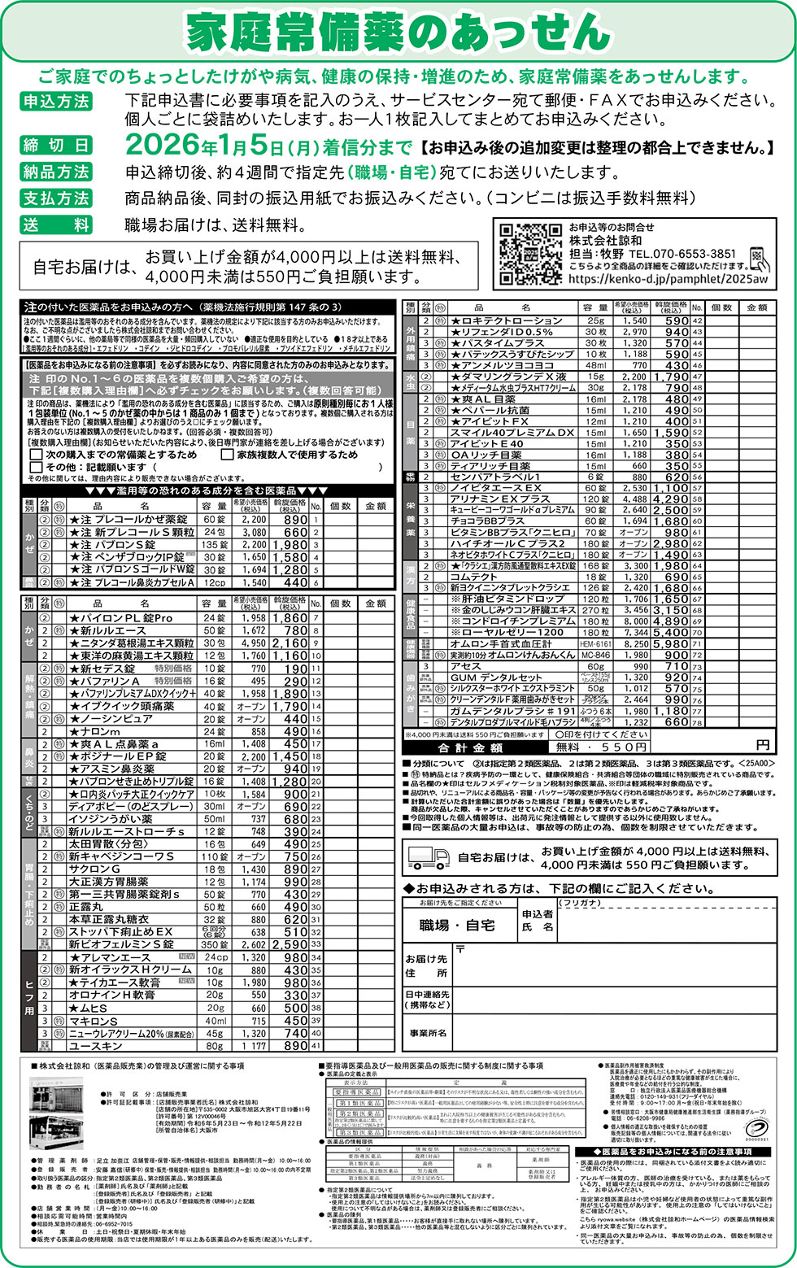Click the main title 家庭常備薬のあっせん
coord(398,33)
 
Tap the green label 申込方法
coord(56,102)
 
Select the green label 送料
coord(56,224)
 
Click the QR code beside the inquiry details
coord(529,253)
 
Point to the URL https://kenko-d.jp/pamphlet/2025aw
coord(668,278)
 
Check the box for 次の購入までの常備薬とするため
coord(36,455)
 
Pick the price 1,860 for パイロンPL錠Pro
coord(290,618)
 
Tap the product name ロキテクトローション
coord(512,320)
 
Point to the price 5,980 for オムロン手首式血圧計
coord(671,644)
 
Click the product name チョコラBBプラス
coord(487,521)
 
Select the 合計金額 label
coord(470,747)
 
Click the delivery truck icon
coord(428,857)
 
